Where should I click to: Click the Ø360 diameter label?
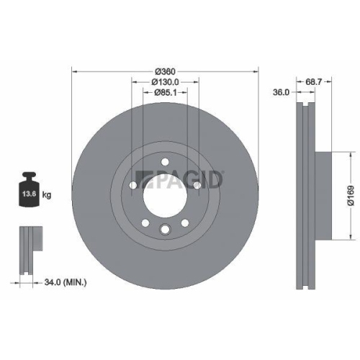[x=166, y=71]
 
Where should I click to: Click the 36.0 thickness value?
[x=280, y=92]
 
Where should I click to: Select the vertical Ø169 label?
[x=348, y=193]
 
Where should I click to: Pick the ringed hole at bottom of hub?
[x=166, y=230]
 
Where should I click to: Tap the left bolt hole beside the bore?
[x=134, y=184]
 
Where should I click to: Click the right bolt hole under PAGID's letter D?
[x=197, y=184]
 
